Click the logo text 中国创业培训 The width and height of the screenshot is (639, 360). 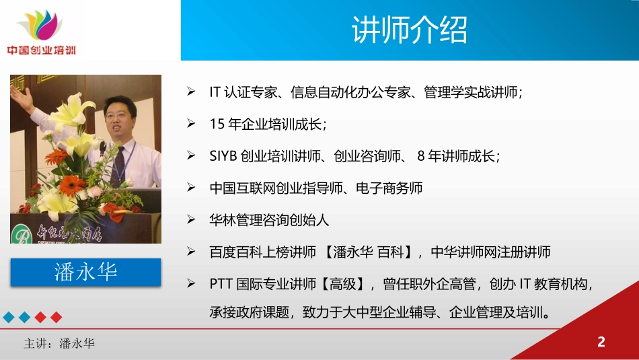click(x=41, y=50)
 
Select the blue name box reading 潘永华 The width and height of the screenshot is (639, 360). click(x=85, y=272)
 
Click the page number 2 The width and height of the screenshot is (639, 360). click(x=601, y=342)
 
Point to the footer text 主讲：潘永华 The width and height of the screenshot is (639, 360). click(x=59, y=344)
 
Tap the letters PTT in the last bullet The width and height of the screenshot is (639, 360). click(x=221, y=283)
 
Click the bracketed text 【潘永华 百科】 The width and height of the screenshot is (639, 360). click(x=368, y=252)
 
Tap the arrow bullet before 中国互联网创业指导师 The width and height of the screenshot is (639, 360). click(x=192, y=188)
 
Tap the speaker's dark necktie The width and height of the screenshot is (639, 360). click(x=118, y=166)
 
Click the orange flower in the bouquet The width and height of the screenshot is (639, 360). click(x=71, y=185)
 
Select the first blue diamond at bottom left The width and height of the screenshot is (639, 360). click(x=9, y=316)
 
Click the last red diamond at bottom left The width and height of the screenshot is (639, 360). click(x=57, y=316)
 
